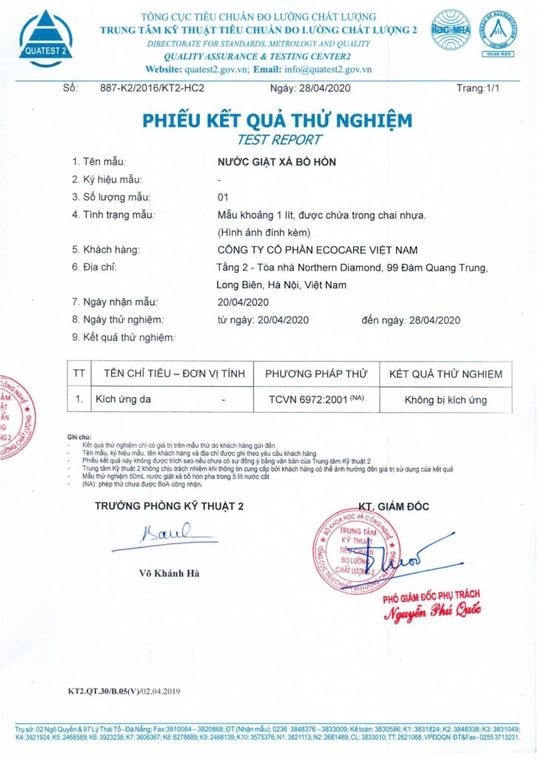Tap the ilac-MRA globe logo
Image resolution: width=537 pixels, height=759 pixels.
point(451,30)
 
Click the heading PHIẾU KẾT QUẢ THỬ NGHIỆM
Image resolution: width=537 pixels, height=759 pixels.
point(277,120)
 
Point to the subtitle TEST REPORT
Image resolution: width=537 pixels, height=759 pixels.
point(279,139)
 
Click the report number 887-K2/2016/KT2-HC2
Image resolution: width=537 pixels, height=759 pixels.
point(152,88)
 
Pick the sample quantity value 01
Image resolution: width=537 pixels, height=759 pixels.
point(222,196)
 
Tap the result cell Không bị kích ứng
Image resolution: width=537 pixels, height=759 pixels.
point(445,400)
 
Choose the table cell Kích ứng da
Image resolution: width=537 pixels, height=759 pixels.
point(124,400)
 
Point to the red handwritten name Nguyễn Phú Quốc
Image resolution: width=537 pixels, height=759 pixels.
point(432,610)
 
